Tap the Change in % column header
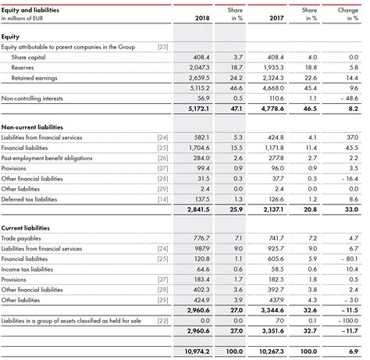pyautogui.click(x=348, y=12)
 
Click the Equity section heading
pyautogui.click(x=11, y=37)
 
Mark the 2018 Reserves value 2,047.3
pyautogui.click(x=198, y=69)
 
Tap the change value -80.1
pyautogui.click(x=347, y=258)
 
